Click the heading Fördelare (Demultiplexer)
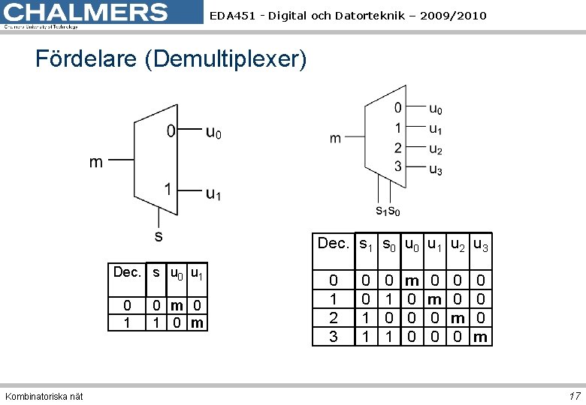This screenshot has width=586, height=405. tap(171, 59)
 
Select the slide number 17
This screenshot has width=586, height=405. tap(575, 396)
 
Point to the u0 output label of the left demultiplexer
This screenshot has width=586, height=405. tap(214, 133)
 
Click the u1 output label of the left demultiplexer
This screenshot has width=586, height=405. tap(214, 193)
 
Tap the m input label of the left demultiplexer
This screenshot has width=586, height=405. tap(96, 162)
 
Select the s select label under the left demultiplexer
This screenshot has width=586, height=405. tap(159, 236)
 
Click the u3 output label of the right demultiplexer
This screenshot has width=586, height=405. tap(435, 169)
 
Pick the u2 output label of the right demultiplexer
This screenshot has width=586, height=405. tap(435, 149)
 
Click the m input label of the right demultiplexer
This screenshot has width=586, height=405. tap(335, 138)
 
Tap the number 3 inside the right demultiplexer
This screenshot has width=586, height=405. tap(398, 166)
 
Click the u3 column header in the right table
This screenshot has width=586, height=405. tap(481, 244)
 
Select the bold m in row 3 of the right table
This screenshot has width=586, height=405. tap(481, 337)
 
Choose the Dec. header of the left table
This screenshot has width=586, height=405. tap(127, 272)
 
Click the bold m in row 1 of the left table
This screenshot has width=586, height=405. tap(197, 323)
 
